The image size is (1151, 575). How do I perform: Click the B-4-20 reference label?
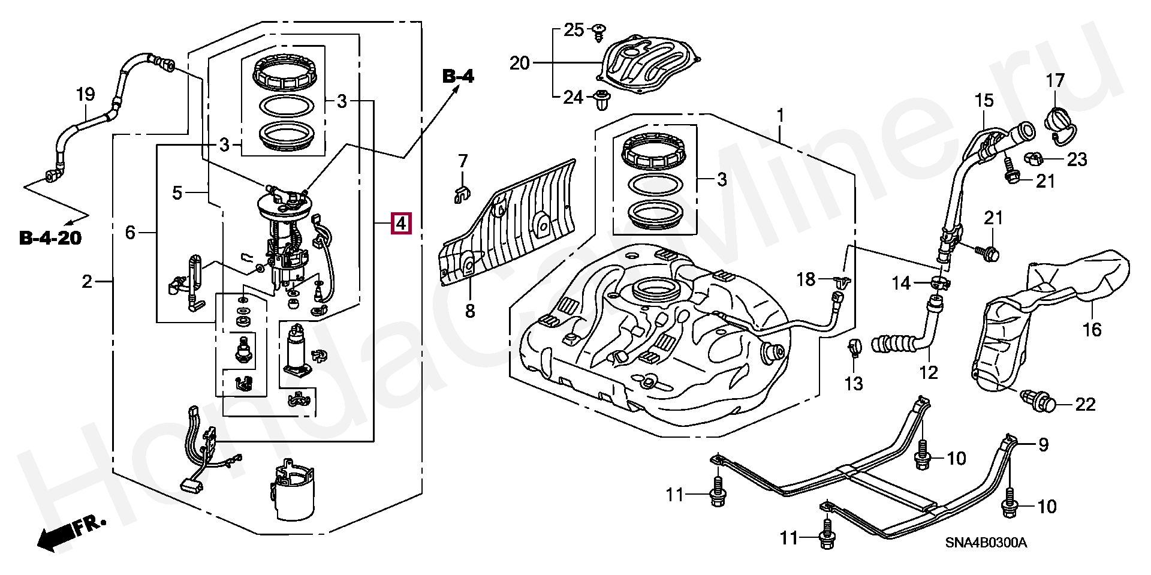[50, 238]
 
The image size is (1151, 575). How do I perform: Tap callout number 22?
[1085, 404]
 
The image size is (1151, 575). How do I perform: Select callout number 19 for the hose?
[86, 95]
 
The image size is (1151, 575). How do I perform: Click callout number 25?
[574, 29]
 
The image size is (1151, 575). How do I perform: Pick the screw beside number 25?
[598, 32]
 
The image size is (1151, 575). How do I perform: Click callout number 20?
[520, 62]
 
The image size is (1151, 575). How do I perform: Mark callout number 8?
[469, 311]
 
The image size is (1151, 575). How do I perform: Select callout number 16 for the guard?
[1092, 329]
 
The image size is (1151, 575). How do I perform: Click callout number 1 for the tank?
[781, 114]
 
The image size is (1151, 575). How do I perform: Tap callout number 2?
[88, 281]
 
